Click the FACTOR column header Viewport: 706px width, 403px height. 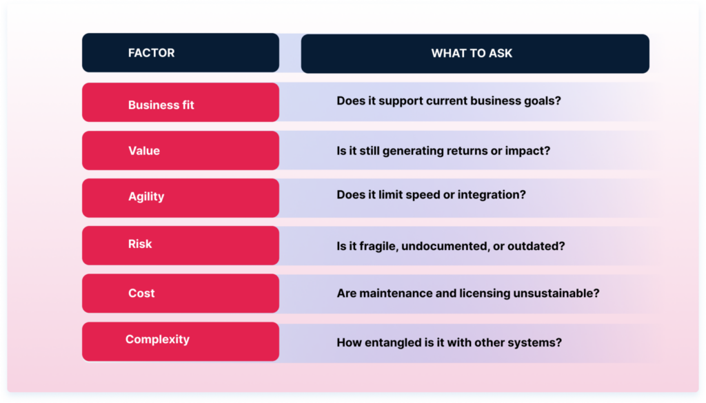(152, 53)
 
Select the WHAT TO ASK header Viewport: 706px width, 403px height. (472, 53)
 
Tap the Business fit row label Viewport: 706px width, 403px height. (161, 105)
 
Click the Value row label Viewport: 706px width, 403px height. (144, 151)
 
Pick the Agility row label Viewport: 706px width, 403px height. (146, 196)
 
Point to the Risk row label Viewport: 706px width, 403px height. (140, 244)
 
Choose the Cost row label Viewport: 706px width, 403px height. (141, 293)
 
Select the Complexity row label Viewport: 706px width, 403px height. (157, 340)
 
